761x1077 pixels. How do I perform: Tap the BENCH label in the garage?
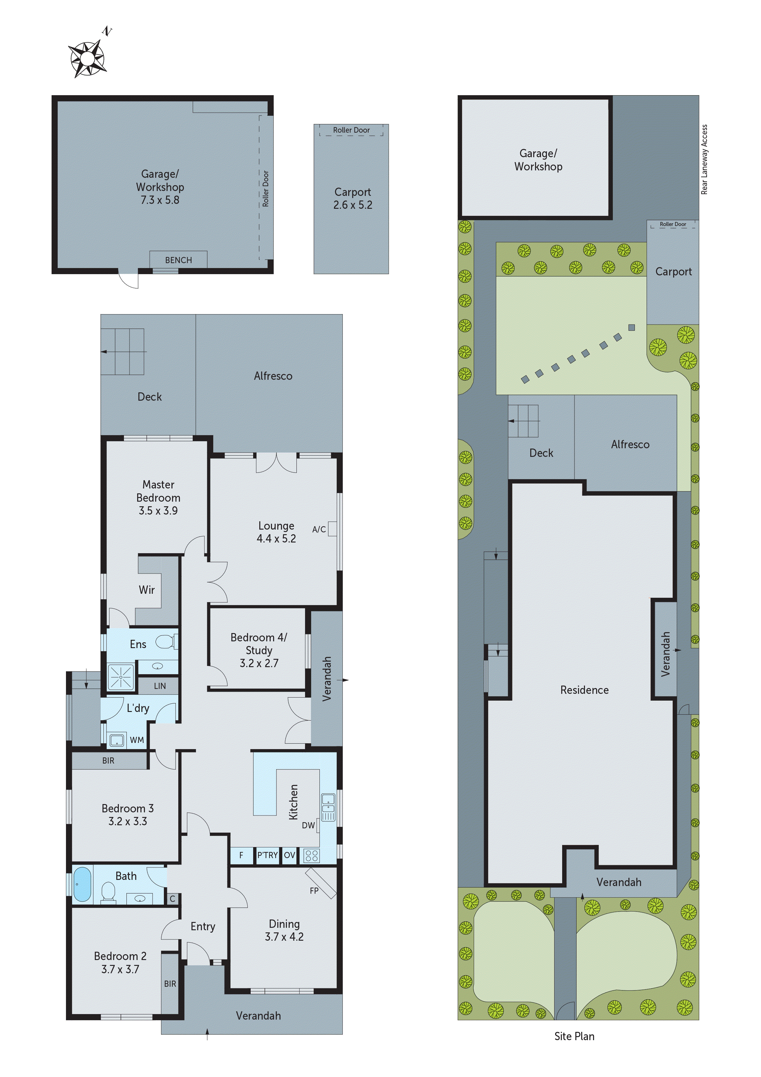pyautogui.click(x=178, y=260)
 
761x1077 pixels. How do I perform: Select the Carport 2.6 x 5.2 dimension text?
pyautogui.click(x=353, y=205)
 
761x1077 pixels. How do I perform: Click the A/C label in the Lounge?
pyautogui.click(x=319, y=529)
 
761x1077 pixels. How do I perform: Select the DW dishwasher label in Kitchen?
pyautogui.click(x=308, y=825)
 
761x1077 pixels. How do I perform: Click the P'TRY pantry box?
pyautogui.click(x=267, y=855)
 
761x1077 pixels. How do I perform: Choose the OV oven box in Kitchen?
pyautogui.click(x=290, y=855)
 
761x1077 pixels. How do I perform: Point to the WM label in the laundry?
pyautogui.click(x=137, y=740)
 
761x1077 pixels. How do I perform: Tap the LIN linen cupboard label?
pyautogui.click(x=160, y=686)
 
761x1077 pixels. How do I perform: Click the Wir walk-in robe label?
pyautogui.click(x=146, y=590)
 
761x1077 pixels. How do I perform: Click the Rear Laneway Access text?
pyautogui.click(x=704, y=159)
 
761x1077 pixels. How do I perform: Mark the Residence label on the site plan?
pyautogui.click(x=584, y=690)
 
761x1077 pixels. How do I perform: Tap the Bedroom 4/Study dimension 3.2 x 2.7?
pyautogui.click(x=259, y=663)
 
